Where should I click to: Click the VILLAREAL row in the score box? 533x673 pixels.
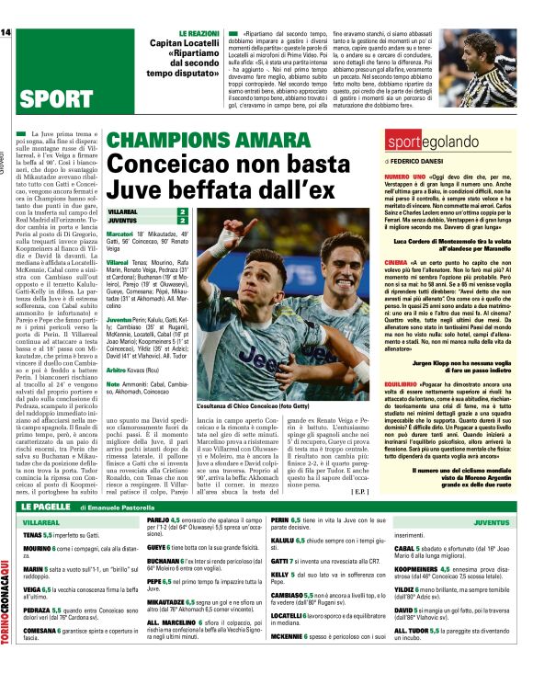148,211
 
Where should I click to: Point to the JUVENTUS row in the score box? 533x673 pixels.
148,222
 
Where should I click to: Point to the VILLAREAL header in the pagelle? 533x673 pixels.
41,522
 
